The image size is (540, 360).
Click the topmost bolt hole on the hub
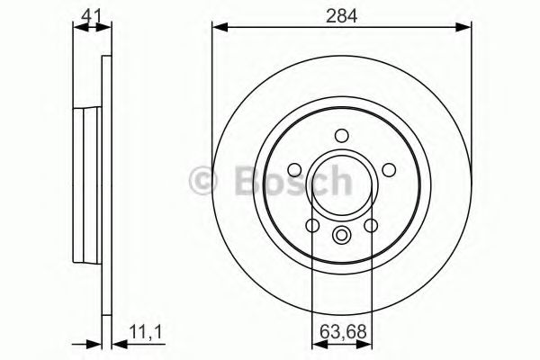[x=341, y=136]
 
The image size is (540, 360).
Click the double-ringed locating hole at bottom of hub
[x=341, y=236]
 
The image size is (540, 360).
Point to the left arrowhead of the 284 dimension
[x=219, y=29]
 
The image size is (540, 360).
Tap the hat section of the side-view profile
[x=87, y=180]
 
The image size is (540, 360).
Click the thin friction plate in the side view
[x=105, y=180]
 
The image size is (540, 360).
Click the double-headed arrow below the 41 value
[x=89, y=29]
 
